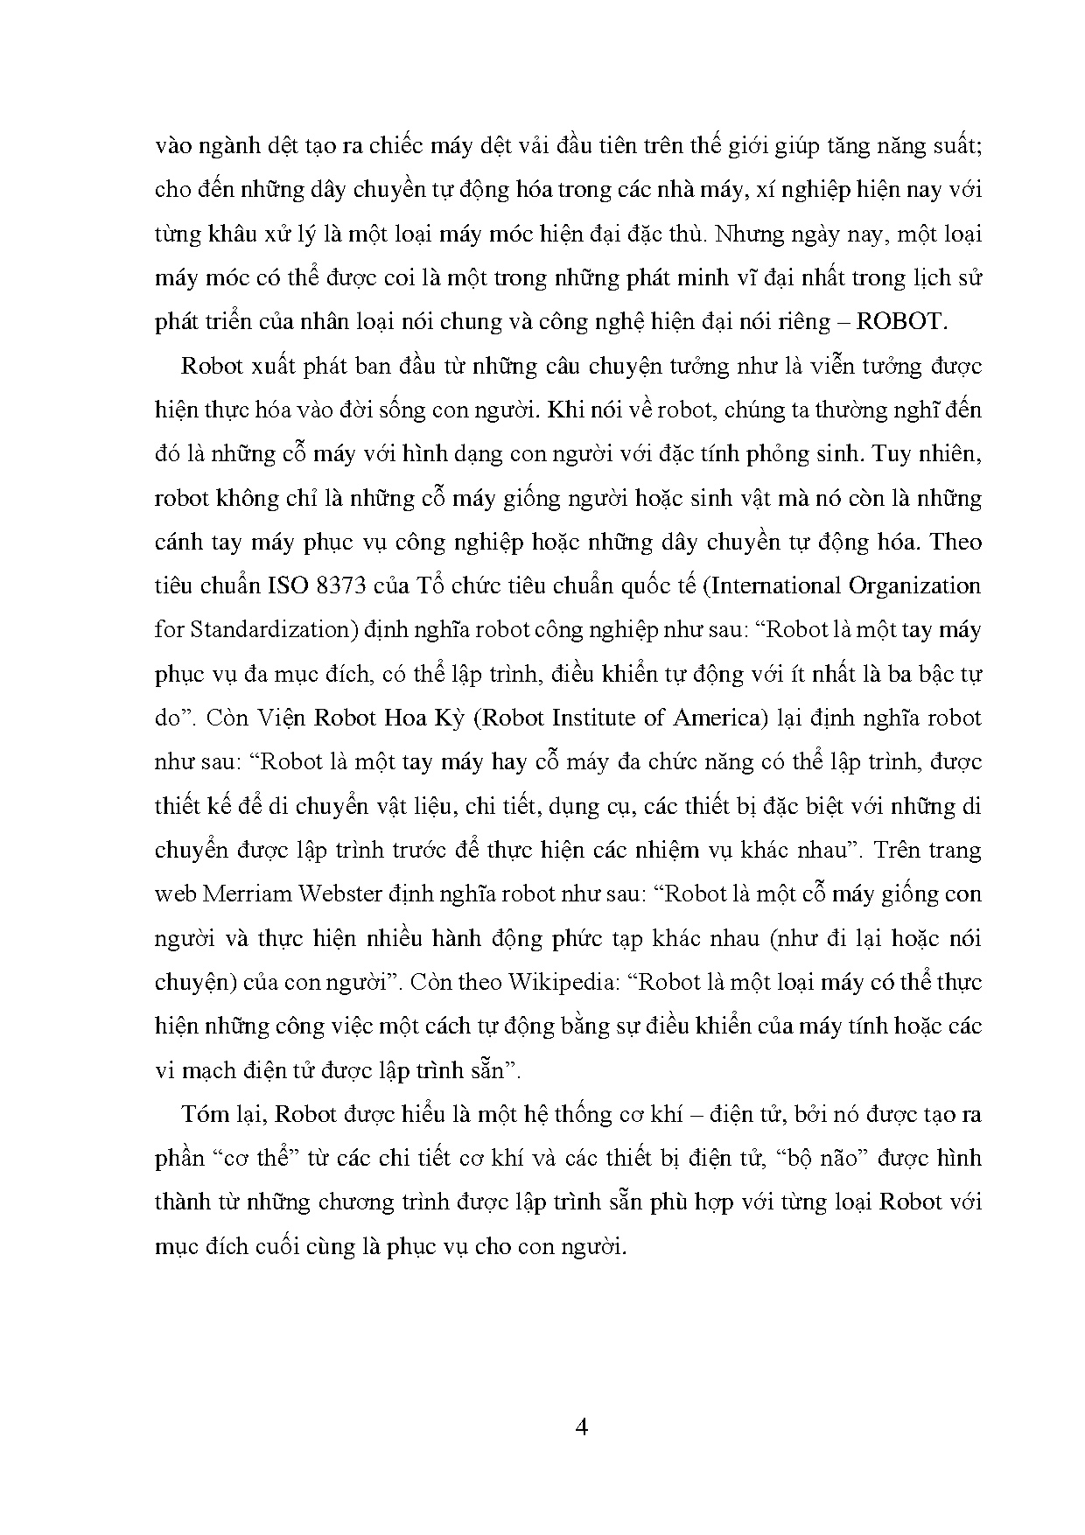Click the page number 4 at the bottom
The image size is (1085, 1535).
pos(582,1427)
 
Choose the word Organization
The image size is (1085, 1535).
pos(920,585)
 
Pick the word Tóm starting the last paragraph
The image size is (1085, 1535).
pos(201,1114)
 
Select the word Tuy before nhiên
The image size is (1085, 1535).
pos(891,453)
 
